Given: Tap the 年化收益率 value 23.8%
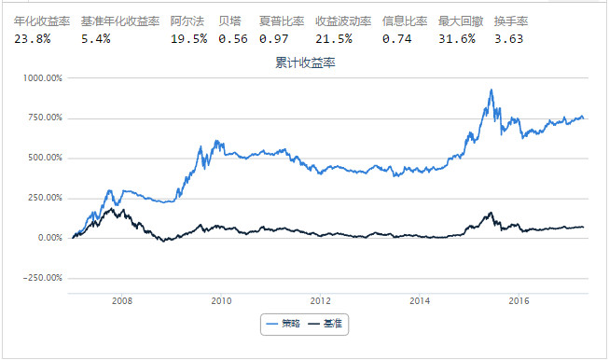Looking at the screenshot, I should coord(34,39).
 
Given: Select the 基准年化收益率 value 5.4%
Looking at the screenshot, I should coord(96,39).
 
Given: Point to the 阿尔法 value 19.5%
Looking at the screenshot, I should coord(189,39).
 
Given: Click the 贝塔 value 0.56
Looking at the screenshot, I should coord(233,39).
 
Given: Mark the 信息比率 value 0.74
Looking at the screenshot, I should coord(396,39).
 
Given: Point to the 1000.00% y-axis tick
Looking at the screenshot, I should coord(42,78).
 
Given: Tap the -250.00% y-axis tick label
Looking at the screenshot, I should coord(43,277).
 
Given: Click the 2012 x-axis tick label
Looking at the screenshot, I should coord(320,301).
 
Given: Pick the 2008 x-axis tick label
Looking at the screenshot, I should coord(120,301).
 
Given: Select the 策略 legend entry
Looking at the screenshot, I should coord(284,322).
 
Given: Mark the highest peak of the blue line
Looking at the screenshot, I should coord(491,90).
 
